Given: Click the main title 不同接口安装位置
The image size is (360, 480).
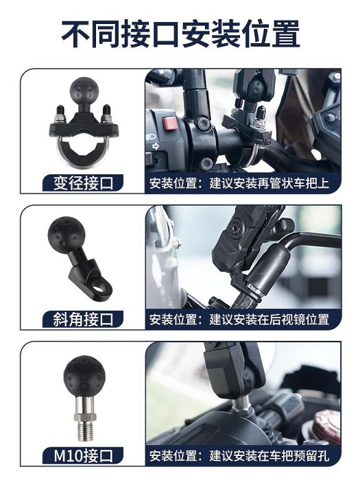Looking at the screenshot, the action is tap(180, 34).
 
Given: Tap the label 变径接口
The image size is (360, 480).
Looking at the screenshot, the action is tap(83, 183).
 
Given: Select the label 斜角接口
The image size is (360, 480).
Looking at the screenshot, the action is tap(83, 320).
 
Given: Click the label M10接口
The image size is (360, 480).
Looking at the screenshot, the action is tap(83, 455).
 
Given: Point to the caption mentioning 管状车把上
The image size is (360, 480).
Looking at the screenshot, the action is tap(239, 183).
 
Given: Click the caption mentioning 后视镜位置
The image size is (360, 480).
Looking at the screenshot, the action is tap(239, 320).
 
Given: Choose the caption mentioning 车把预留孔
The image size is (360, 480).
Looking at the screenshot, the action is tap(239, 455).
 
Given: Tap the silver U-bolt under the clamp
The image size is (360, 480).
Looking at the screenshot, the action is tap(82, 153).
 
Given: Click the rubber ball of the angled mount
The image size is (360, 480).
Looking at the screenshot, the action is tap(66, 233).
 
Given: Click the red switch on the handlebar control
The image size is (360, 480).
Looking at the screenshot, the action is tap(169, 123).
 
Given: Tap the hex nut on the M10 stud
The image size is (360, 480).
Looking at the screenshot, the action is tap(85, 416).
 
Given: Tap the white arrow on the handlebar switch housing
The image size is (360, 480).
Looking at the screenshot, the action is tap(155, 146).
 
